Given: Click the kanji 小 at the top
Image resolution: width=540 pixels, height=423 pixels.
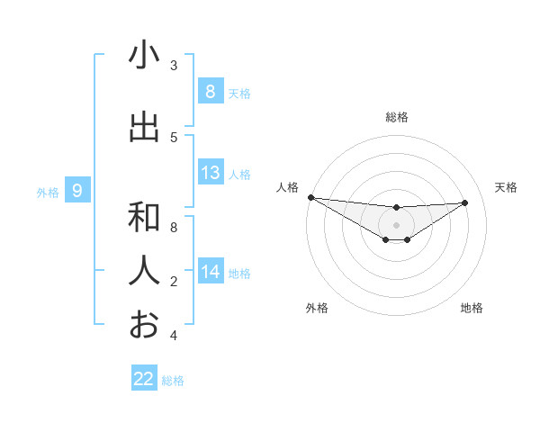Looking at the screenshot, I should (x=144, y=56).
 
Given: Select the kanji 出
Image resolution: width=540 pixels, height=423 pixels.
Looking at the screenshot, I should (x=144, y=127).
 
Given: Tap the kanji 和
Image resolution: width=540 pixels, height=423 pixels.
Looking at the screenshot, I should (x=144, y=217).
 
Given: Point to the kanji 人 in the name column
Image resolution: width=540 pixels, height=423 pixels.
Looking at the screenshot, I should (x=144, y=271).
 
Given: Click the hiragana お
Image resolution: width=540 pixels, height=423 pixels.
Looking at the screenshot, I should (x=144, y=324).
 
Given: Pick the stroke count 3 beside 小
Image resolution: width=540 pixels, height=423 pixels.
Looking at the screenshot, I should (x=174, y=66).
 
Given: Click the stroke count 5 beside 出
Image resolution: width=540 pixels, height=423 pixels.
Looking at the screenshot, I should (x=174, y=137).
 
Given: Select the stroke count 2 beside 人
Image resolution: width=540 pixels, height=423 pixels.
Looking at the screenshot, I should (x=174, y=282).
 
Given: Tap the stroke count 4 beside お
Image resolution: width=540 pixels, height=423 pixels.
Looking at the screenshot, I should (x=174, y=336).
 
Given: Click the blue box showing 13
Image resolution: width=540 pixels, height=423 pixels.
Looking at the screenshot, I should (x=210, y=173).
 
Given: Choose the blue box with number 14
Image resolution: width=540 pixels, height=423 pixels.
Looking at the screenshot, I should (x=210, y=272).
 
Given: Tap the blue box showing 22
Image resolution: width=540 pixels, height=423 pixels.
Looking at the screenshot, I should (x=144, y=379).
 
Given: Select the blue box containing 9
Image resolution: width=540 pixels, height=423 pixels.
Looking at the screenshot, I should (x=77, y=190).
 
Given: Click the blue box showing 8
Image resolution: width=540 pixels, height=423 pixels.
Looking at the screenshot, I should (x=210, y=92).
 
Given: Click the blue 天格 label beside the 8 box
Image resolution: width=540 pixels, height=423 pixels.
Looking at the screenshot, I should (x=239, y=94).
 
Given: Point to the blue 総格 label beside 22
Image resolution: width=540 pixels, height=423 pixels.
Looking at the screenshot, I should (x=173, y=381).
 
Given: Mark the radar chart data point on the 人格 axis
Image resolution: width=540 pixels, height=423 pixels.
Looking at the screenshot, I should (x=310, y=197).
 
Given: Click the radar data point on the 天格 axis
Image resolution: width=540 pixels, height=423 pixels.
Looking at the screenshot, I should (x=465, y=202).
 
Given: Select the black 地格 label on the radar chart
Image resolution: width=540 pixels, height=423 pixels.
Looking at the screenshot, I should (x=472, y=308).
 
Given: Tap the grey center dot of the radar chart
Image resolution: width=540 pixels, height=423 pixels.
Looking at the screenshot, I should (x=396, y=225).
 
